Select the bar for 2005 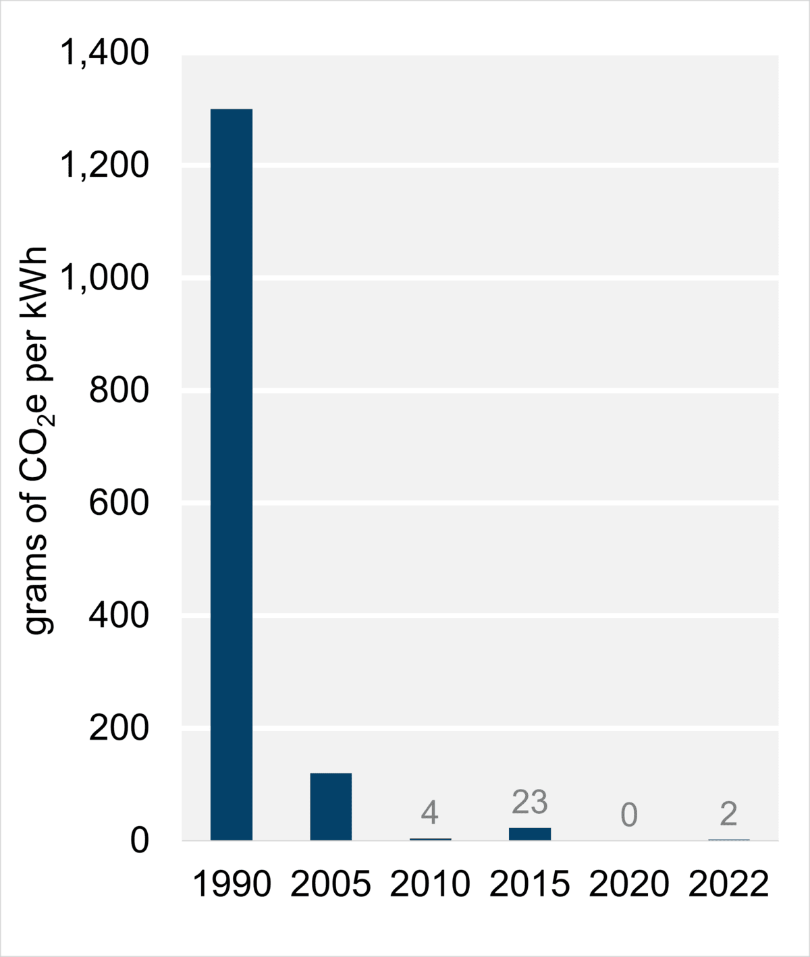331,806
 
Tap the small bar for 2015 530,833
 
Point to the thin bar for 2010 430,839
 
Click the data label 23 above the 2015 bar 530,802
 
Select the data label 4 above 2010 430,813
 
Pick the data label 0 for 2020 629,815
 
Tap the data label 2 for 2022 728,814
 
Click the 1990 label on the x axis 232,884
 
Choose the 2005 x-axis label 331,884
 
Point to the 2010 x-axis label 430,884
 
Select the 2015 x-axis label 530,884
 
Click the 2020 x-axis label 629,884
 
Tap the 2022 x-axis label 728,884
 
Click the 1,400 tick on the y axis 105,53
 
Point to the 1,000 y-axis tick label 105,277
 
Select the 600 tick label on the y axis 119,503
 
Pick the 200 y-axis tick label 119,728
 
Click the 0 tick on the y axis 140,841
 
